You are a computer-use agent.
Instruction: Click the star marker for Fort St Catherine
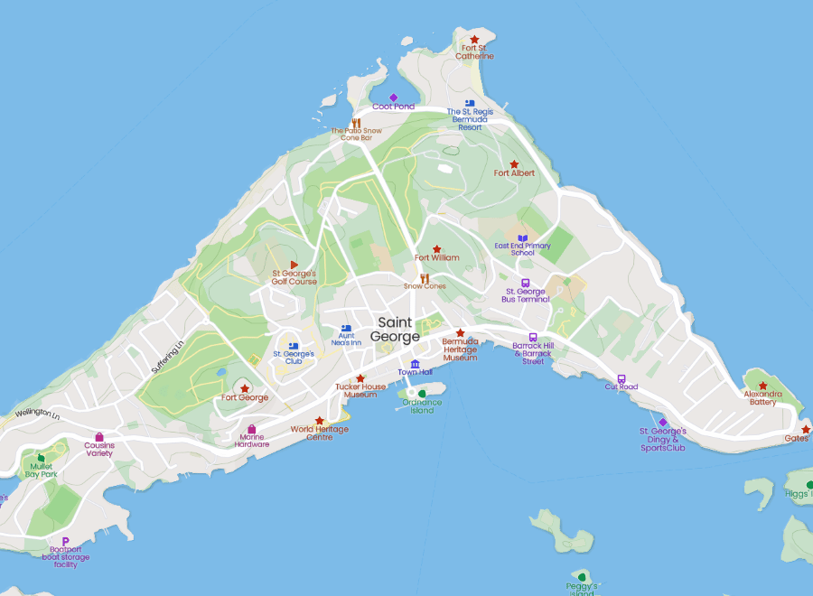(474, 40)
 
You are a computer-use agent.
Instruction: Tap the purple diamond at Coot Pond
(393, 98)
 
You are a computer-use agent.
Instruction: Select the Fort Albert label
(514, 172)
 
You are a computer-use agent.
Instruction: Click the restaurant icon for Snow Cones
(424, 279)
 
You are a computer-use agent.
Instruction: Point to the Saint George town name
(396, 330)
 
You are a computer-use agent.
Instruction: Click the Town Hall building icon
(415, 364)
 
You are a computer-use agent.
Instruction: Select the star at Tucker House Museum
(360, 379)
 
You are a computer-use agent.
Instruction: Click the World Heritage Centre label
(319, 433)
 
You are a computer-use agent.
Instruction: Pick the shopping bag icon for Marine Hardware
(252, 429)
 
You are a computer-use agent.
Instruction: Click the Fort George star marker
(245, 388)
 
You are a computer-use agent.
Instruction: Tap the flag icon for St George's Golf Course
(294, 265)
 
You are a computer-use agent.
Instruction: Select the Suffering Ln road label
(167, 357)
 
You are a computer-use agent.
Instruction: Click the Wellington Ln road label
(37, 414)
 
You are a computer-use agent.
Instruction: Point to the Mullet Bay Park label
(42, 470)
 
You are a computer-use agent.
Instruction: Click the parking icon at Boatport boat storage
(65, 541)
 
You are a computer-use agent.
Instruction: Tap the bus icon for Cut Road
(621, 379)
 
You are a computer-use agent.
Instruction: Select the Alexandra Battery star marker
(762, 386)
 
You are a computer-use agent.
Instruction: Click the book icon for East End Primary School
(522, 238)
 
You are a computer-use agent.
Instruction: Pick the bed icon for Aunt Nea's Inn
(345, 330)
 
